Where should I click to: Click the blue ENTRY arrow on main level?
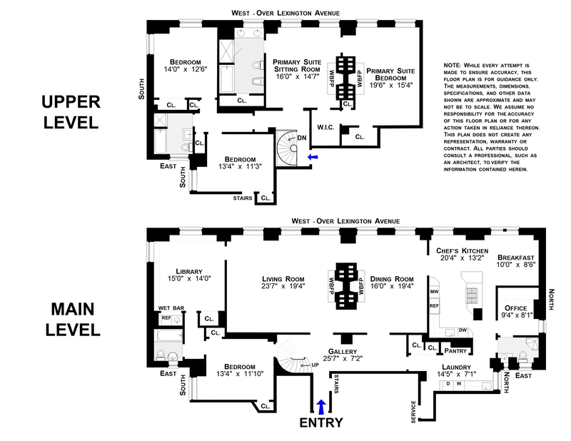(x=320, y=407)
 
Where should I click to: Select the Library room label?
(x=190, y=271)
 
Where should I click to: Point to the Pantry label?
(x=455, y=350)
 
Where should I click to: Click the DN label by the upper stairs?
(x=301, y=138)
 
